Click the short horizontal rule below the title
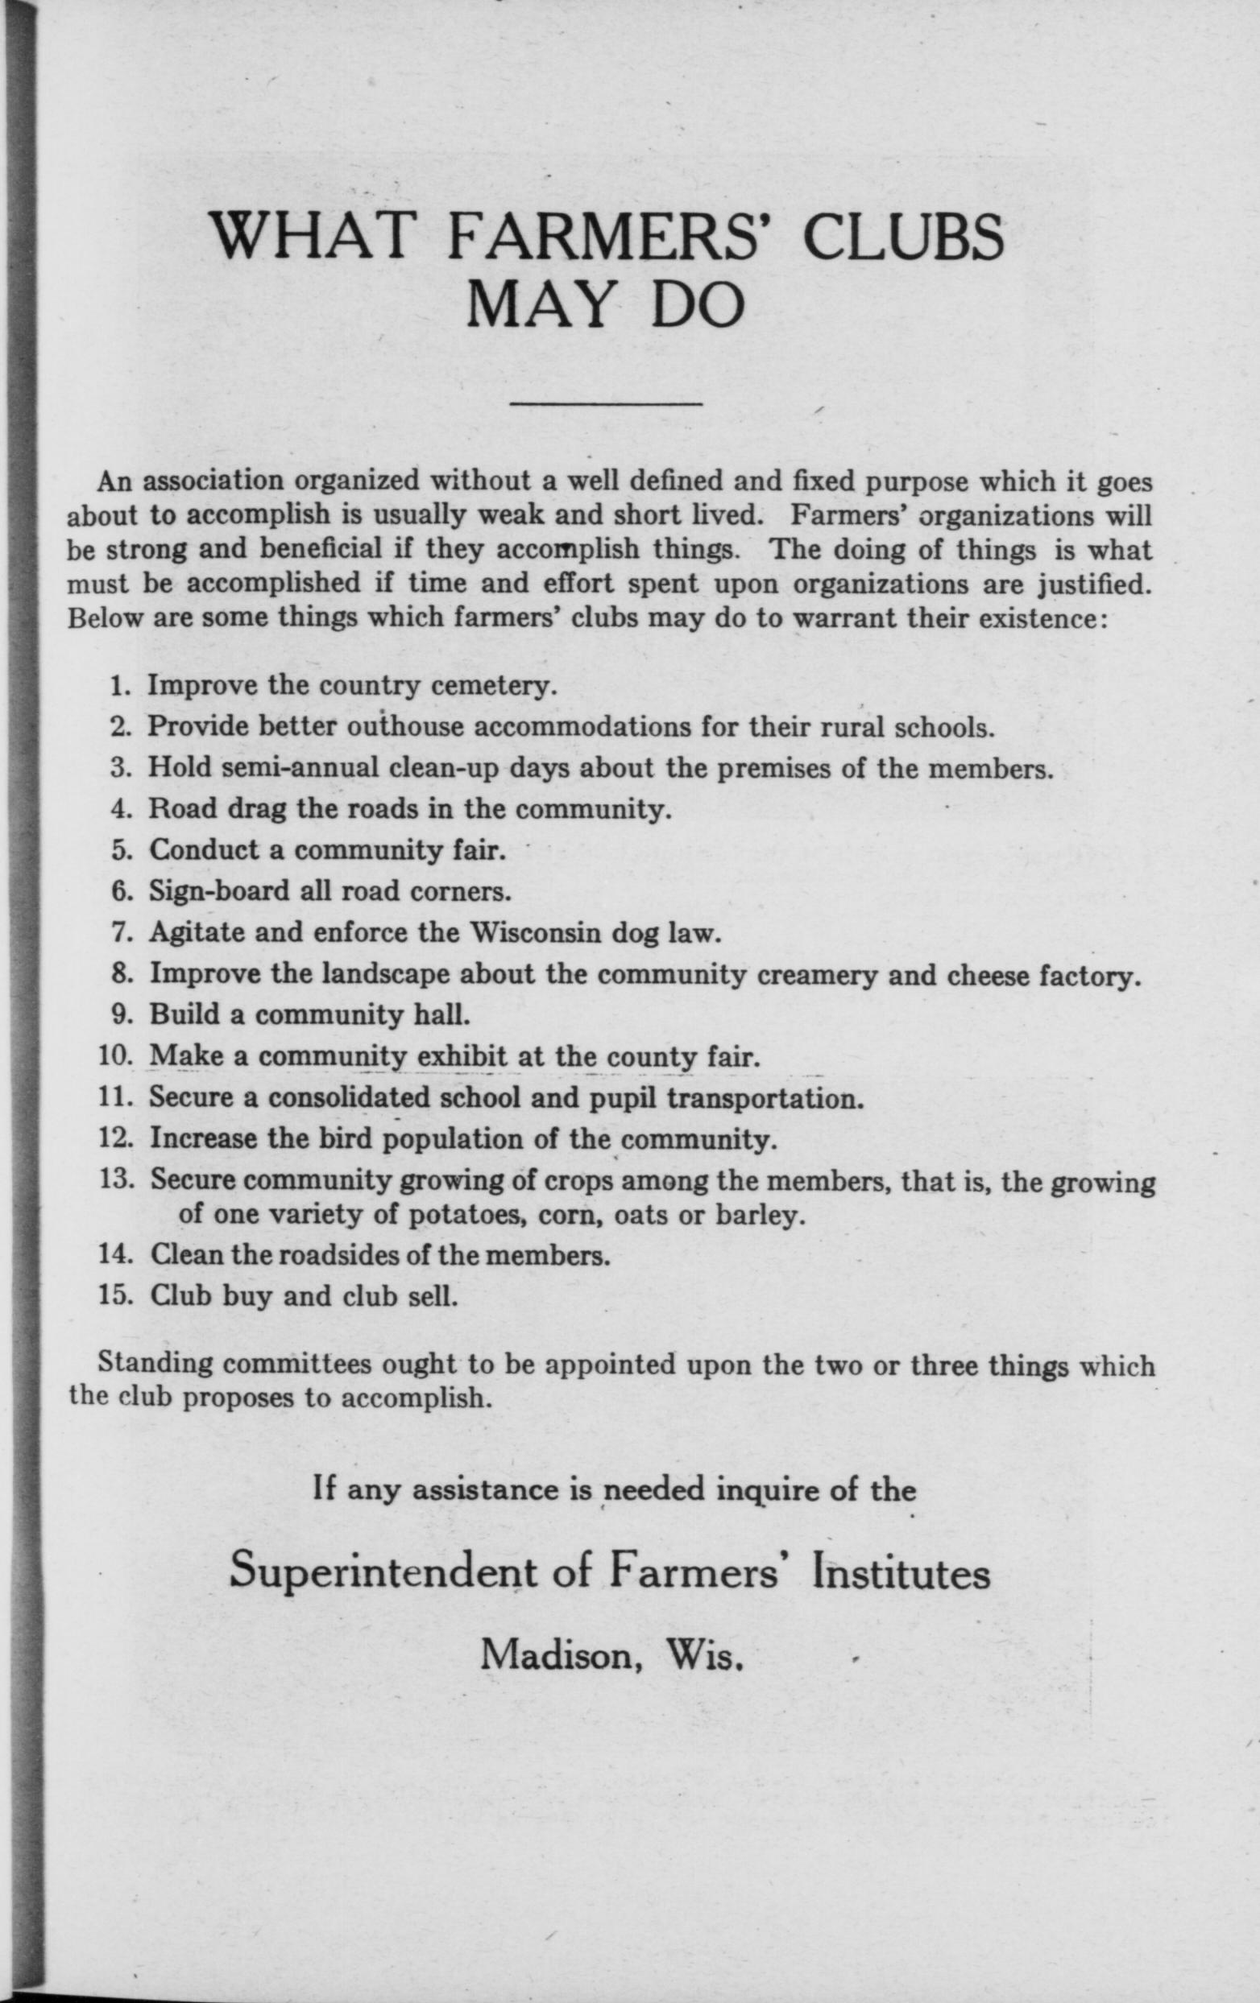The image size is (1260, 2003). click(x=606, y=405)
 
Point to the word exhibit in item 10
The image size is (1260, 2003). click(x=462, y=1056)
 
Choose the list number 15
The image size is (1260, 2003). click(x=118, y=1297)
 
